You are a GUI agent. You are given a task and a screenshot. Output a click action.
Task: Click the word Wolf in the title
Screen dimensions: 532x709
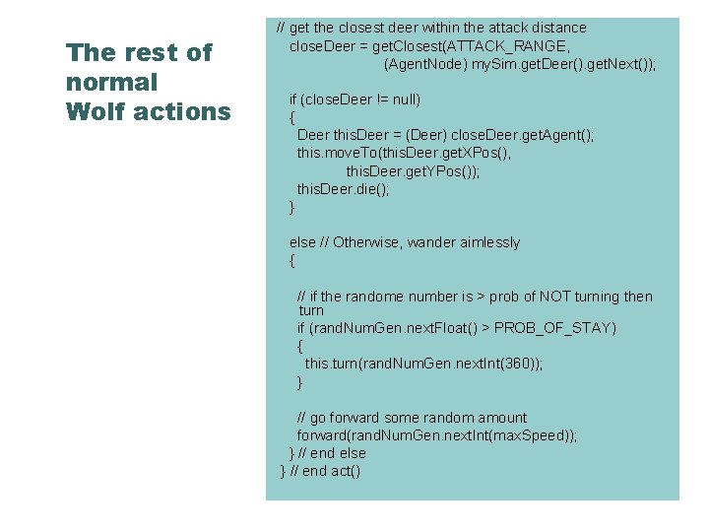point(96,112)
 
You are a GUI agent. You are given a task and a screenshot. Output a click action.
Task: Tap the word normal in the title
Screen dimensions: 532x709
point(111,83)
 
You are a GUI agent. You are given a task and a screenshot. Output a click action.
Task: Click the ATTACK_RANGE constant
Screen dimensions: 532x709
point(520,46)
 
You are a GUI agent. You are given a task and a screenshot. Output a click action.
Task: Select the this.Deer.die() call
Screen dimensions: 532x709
point(343,189)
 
